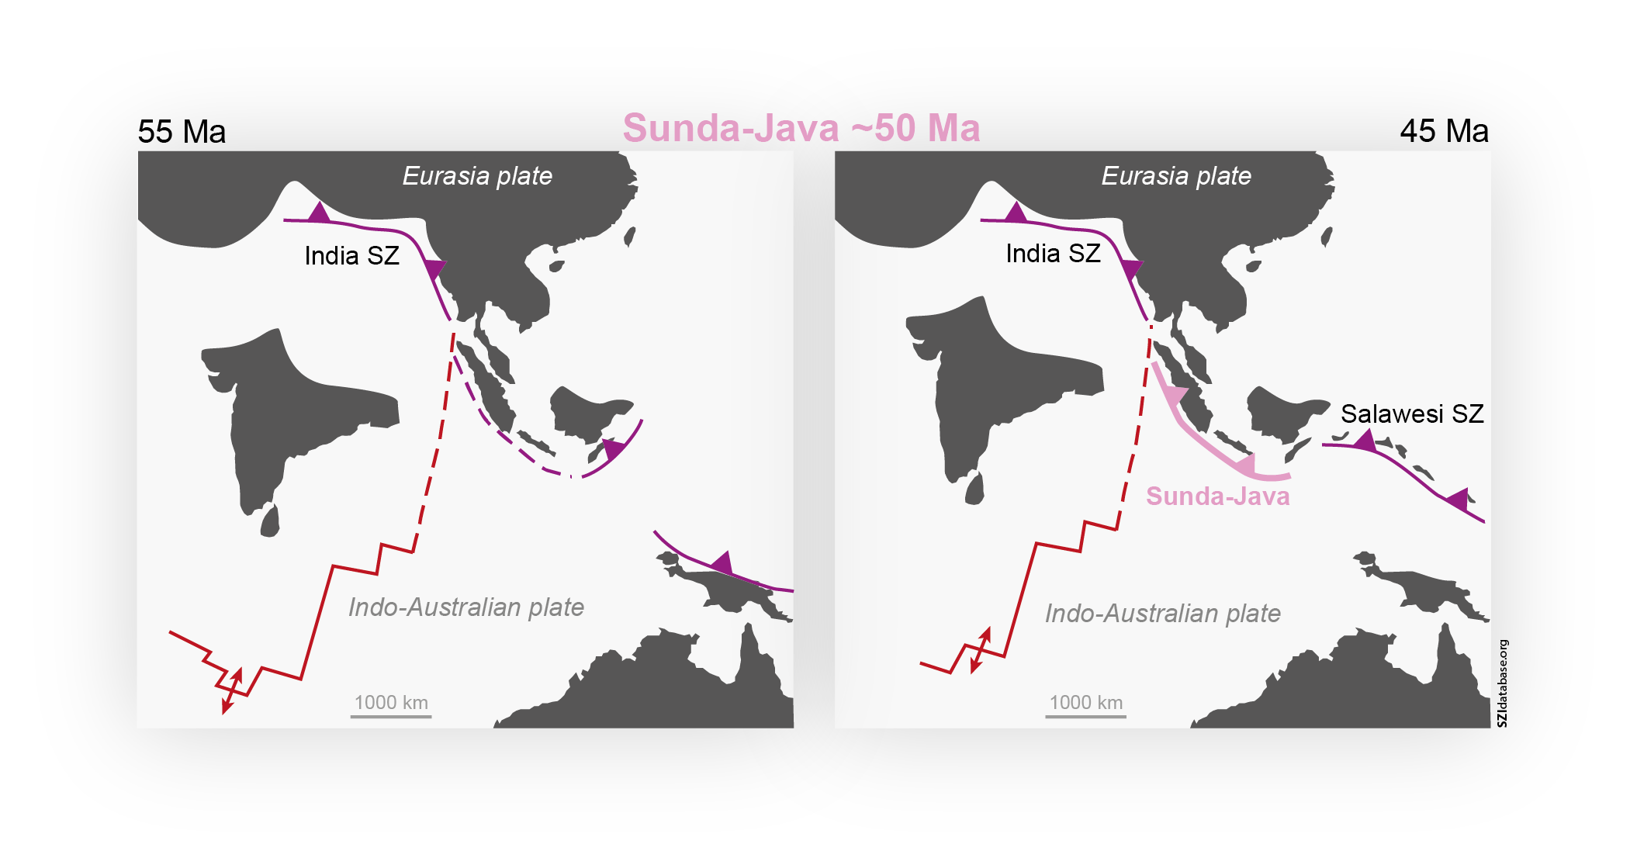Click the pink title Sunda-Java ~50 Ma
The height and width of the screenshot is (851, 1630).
pos(801,128)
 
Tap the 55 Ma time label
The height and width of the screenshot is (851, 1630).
pos(182,132)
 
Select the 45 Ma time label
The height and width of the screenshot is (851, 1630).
pos(1444,131)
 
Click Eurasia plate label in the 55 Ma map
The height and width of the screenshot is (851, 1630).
pos(477,176)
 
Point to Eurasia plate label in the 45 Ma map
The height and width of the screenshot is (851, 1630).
pos(1176,176)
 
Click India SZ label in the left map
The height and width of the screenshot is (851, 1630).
pos(351,255)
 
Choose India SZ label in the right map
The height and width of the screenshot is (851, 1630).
pos(1053,253)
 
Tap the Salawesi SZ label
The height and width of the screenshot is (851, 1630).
pos(1412,413)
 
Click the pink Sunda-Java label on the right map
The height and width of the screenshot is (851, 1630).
pos(1217,496)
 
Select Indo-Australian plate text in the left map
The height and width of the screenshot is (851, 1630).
pos(465,607)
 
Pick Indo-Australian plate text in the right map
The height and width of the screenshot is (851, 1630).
pos(1162,613)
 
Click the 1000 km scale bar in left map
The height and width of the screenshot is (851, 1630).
pos(391,715)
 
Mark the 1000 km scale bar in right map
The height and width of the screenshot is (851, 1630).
pos(1085,715)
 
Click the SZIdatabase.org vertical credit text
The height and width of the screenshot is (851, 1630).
pos(1503,683)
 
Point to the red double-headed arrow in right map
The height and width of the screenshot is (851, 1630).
pos(981,650)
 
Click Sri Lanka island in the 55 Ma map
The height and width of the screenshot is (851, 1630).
pos(270,521)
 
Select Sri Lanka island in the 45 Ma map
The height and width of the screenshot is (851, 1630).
pos(974,489)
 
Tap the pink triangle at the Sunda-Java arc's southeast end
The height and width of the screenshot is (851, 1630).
pos(1245,465)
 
